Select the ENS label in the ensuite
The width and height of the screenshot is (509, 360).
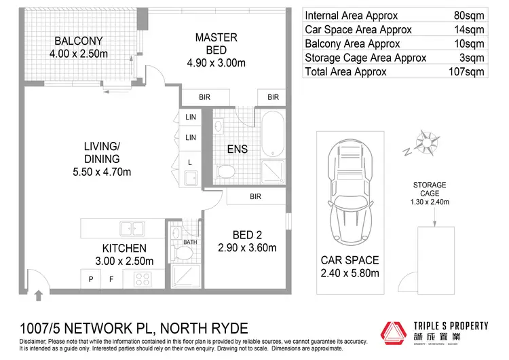(237, 149)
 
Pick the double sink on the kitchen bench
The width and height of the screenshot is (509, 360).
(130, 228)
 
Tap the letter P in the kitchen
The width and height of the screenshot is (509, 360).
(90, 278)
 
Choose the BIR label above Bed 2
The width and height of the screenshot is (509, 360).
(255, 197)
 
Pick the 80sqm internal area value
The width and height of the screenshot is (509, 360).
(472, 16)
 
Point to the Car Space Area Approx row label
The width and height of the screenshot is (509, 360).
(358, 30)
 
